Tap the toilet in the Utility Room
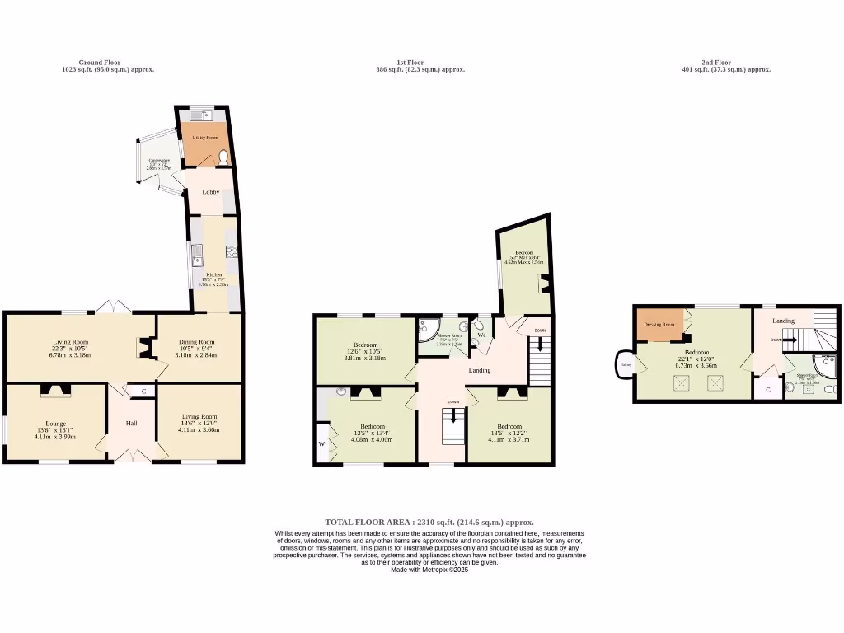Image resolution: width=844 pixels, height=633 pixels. click(224, 157)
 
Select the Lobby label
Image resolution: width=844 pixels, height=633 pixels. click(211, 192)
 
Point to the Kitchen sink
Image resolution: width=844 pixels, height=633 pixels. click(197, 256)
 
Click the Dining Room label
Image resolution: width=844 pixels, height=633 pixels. click(198, 342)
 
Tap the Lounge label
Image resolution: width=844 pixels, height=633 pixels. click(56, 424)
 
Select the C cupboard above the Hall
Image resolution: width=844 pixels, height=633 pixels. click(143, 391)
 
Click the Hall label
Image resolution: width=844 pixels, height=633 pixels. click(132, 423)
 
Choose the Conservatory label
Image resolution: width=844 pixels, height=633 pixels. click(159, 161)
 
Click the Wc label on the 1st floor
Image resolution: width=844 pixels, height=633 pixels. click(481, 335)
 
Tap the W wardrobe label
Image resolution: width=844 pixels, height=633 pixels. click(321, 444)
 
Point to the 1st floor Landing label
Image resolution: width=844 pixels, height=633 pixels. click(480, 370)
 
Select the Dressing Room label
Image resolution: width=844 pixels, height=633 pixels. click(659, 325)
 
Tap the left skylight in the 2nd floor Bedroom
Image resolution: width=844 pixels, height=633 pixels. click(681, 382)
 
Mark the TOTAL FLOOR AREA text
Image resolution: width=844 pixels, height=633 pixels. click(429, 522)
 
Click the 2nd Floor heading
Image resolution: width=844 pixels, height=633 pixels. click(716, 63)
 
